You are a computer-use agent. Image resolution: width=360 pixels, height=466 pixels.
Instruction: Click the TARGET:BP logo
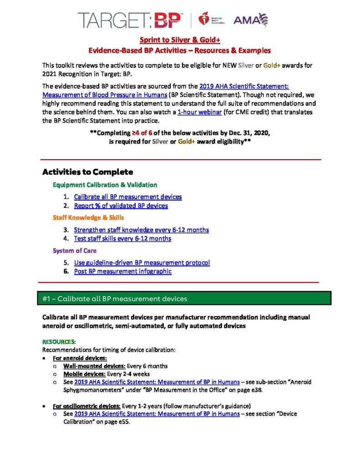pos(129,20)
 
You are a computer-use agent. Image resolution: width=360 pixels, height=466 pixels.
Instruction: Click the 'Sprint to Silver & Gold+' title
pos(180,40)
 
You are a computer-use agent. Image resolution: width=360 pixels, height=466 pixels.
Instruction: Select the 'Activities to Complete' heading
pos(87,172)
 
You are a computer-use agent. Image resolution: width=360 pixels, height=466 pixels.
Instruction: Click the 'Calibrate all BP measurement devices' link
pos(128,197)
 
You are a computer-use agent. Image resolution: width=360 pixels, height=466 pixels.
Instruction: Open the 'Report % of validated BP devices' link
pos(121,206)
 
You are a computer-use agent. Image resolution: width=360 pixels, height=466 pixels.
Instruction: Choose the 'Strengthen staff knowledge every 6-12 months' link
pos(142,230)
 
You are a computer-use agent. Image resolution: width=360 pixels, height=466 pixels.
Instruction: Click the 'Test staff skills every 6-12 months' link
pos(122,238)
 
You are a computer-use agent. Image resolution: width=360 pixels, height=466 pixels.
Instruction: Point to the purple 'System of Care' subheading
pos(75,251)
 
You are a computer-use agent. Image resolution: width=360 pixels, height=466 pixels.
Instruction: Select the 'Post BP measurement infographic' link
pos(123,271)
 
